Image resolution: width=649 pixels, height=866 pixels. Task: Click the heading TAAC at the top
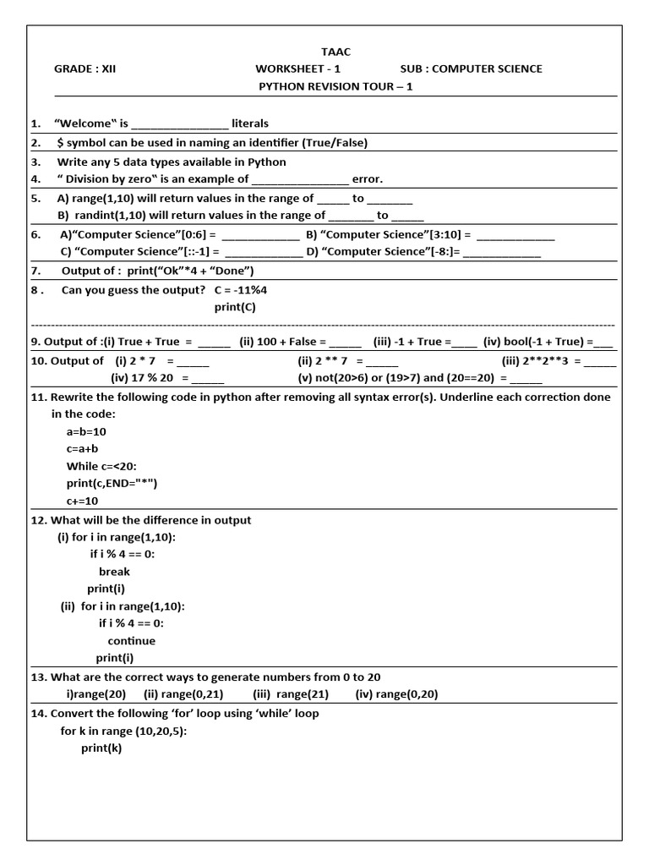click(335, 52)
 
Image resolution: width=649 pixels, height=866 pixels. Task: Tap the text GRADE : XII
click(85, 69)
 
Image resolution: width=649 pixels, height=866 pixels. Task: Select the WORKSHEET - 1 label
click(297, 69)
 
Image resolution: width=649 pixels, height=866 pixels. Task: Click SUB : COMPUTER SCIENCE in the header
click(471, 69)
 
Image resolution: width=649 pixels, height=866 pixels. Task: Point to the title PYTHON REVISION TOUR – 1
click(335, 86)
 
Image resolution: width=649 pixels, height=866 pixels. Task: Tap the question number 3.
click(35, 162)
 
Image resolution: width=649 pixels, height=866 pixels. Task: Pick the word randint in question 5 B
click(106, 216)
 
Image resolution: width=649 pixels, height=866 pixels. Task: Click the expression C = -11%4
click(246, 289)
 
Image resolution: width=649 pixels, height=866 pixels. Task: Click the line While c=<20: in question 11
click(101, 466)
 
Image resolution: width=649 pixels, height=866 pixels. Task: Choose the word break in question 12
click(114, 572)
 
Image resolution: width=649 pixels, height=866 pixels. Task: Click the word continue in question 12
click(131, 640)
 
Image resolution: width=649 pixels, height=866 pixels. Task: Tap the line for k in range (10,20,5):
click(123, 731)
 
